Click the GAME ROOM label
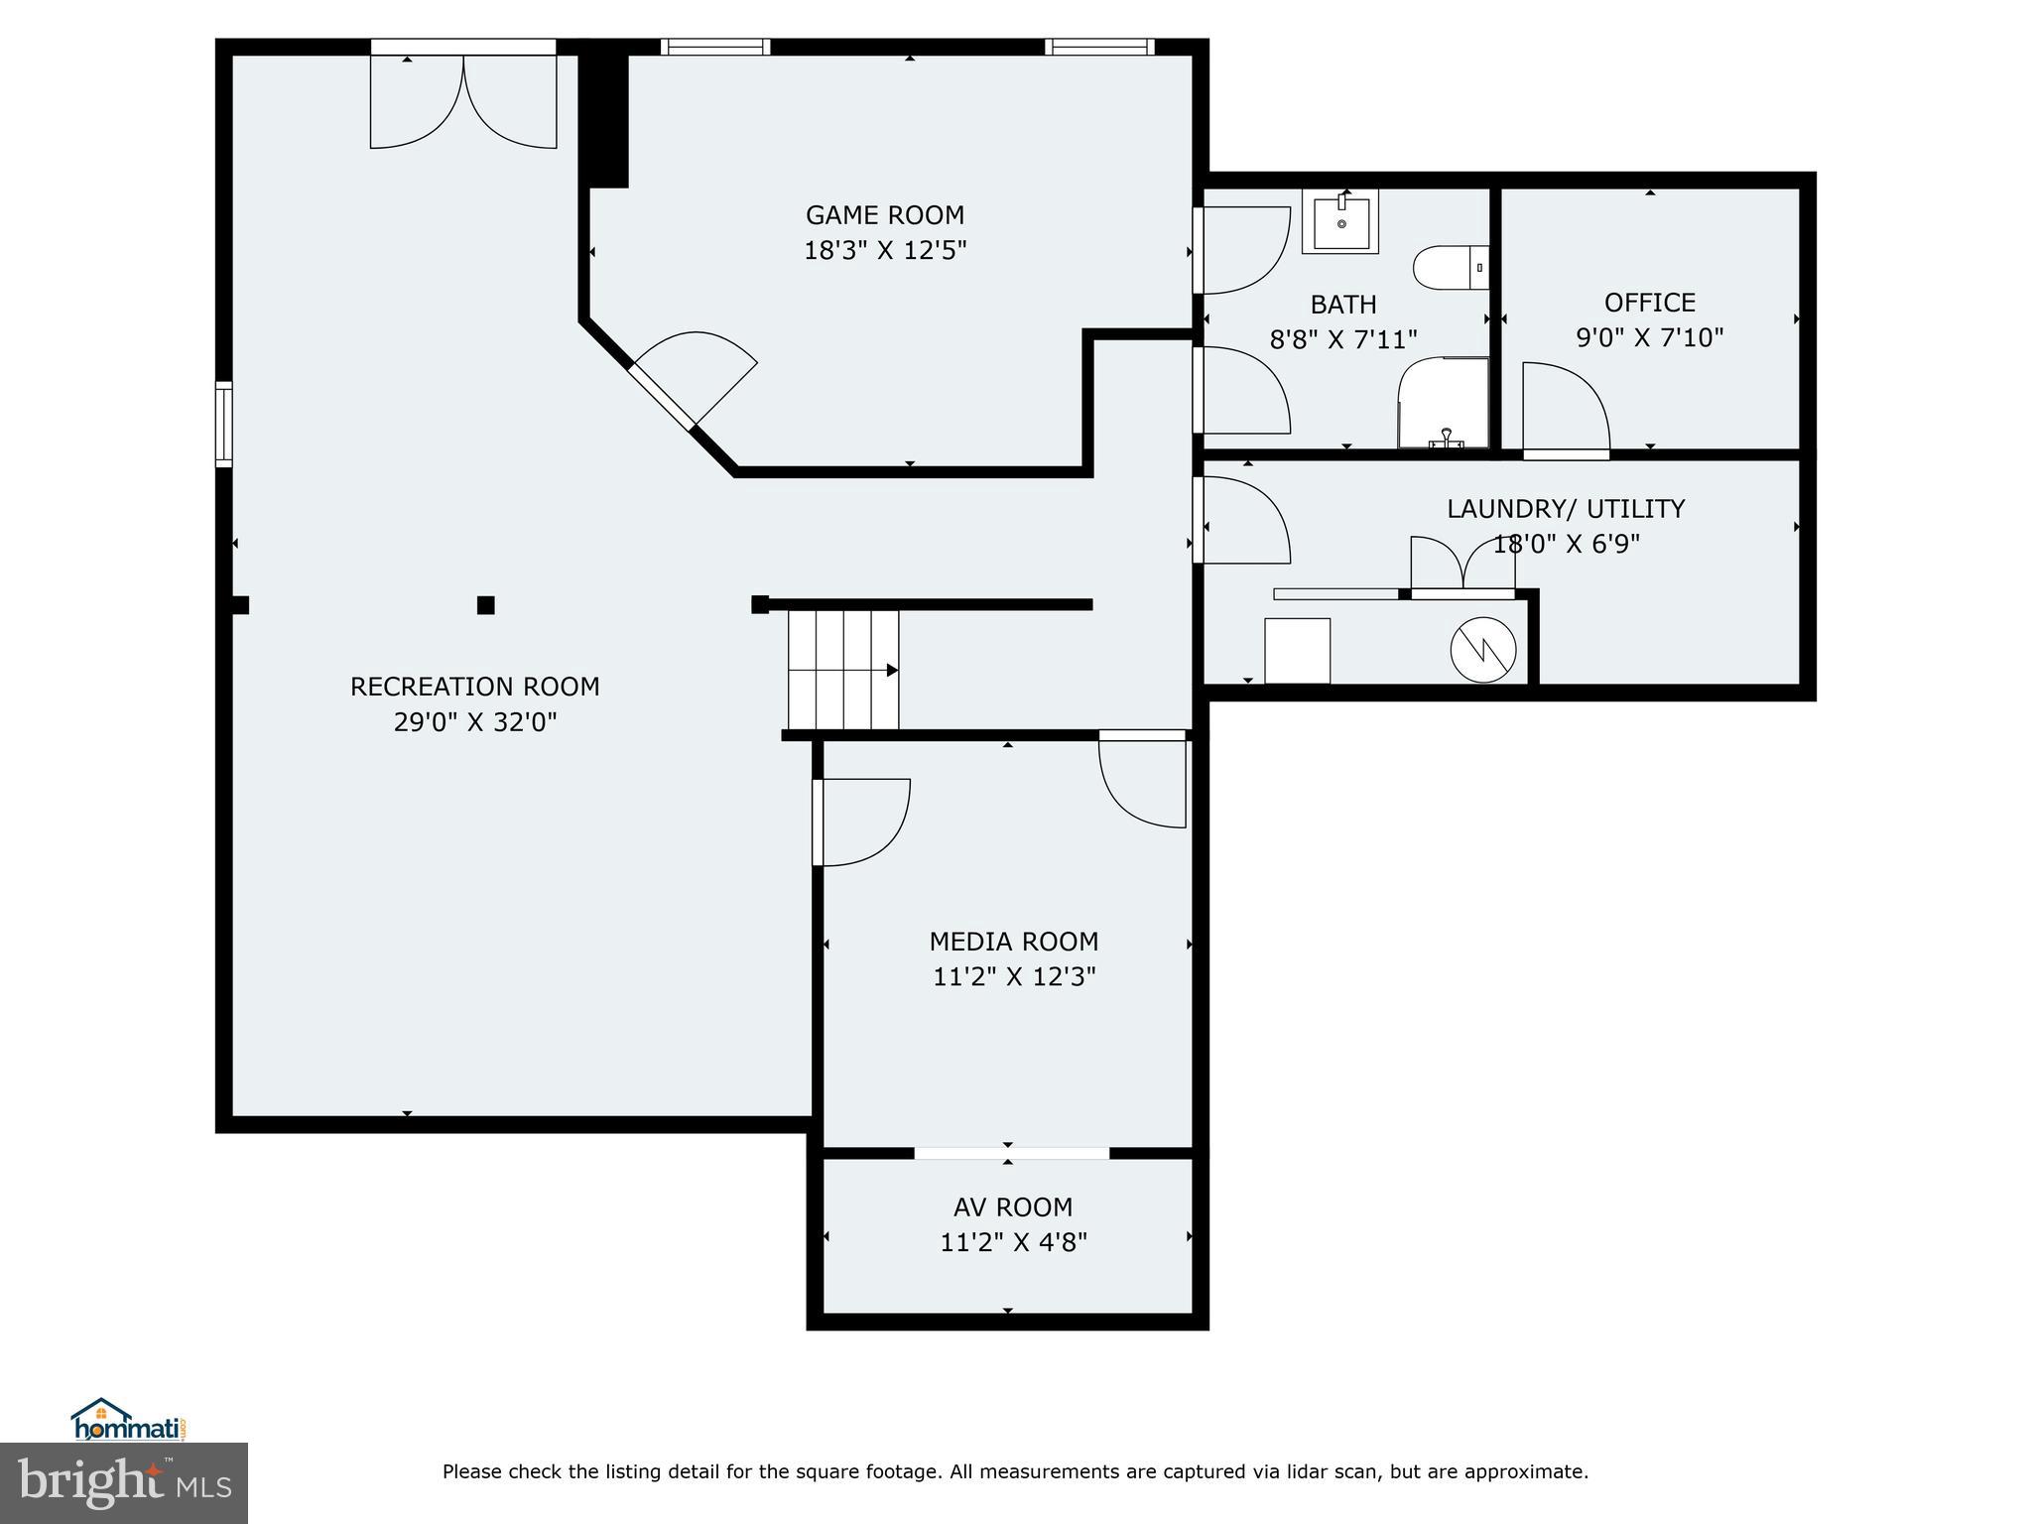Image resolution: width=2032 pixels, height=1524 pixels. click(x=885, y=215)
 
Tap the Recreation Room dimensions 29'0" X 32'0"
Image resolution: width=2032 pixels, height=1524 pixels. click(x=475, y=722)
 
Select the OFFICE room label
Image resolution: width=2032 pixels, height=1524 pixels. click(x=1650, y=303)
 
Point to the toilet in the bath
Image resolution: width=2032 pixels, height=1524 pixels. click(x=1451, y=268)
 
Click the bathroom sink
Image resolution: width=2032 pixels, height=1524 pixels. click(x=1340, y=221)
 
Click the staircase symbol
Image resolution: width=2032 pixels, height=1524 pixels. click(x=843, y=671)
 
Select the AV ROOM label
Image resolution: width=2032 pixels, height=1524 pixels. click(x=1013, y=1207)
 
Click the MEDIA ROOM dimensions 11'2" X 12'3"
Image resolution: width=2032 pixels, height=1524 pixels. click(x=1014, y=977)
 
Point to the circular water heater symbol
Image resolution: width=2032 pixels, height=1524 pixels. click(x=1483, y=651)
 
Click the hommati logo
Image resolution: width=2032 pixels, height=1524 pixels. click(x=128, y=1421)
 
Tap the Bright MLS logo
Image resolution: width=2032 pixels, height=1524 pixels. click(x=124, y=1482)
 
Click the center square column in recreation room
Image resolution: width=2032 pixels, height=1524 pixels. click(x=486, y=605)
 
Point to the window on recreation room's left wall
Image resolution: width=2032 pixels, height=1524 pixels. click(x=224, y=424)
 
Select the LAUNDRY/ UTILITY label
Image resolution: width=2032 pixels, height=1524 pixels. click(x=1566, y=509)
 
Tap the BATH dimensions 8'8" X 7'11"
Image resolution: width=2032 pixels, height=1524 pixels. click(x=1343, y=340)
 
